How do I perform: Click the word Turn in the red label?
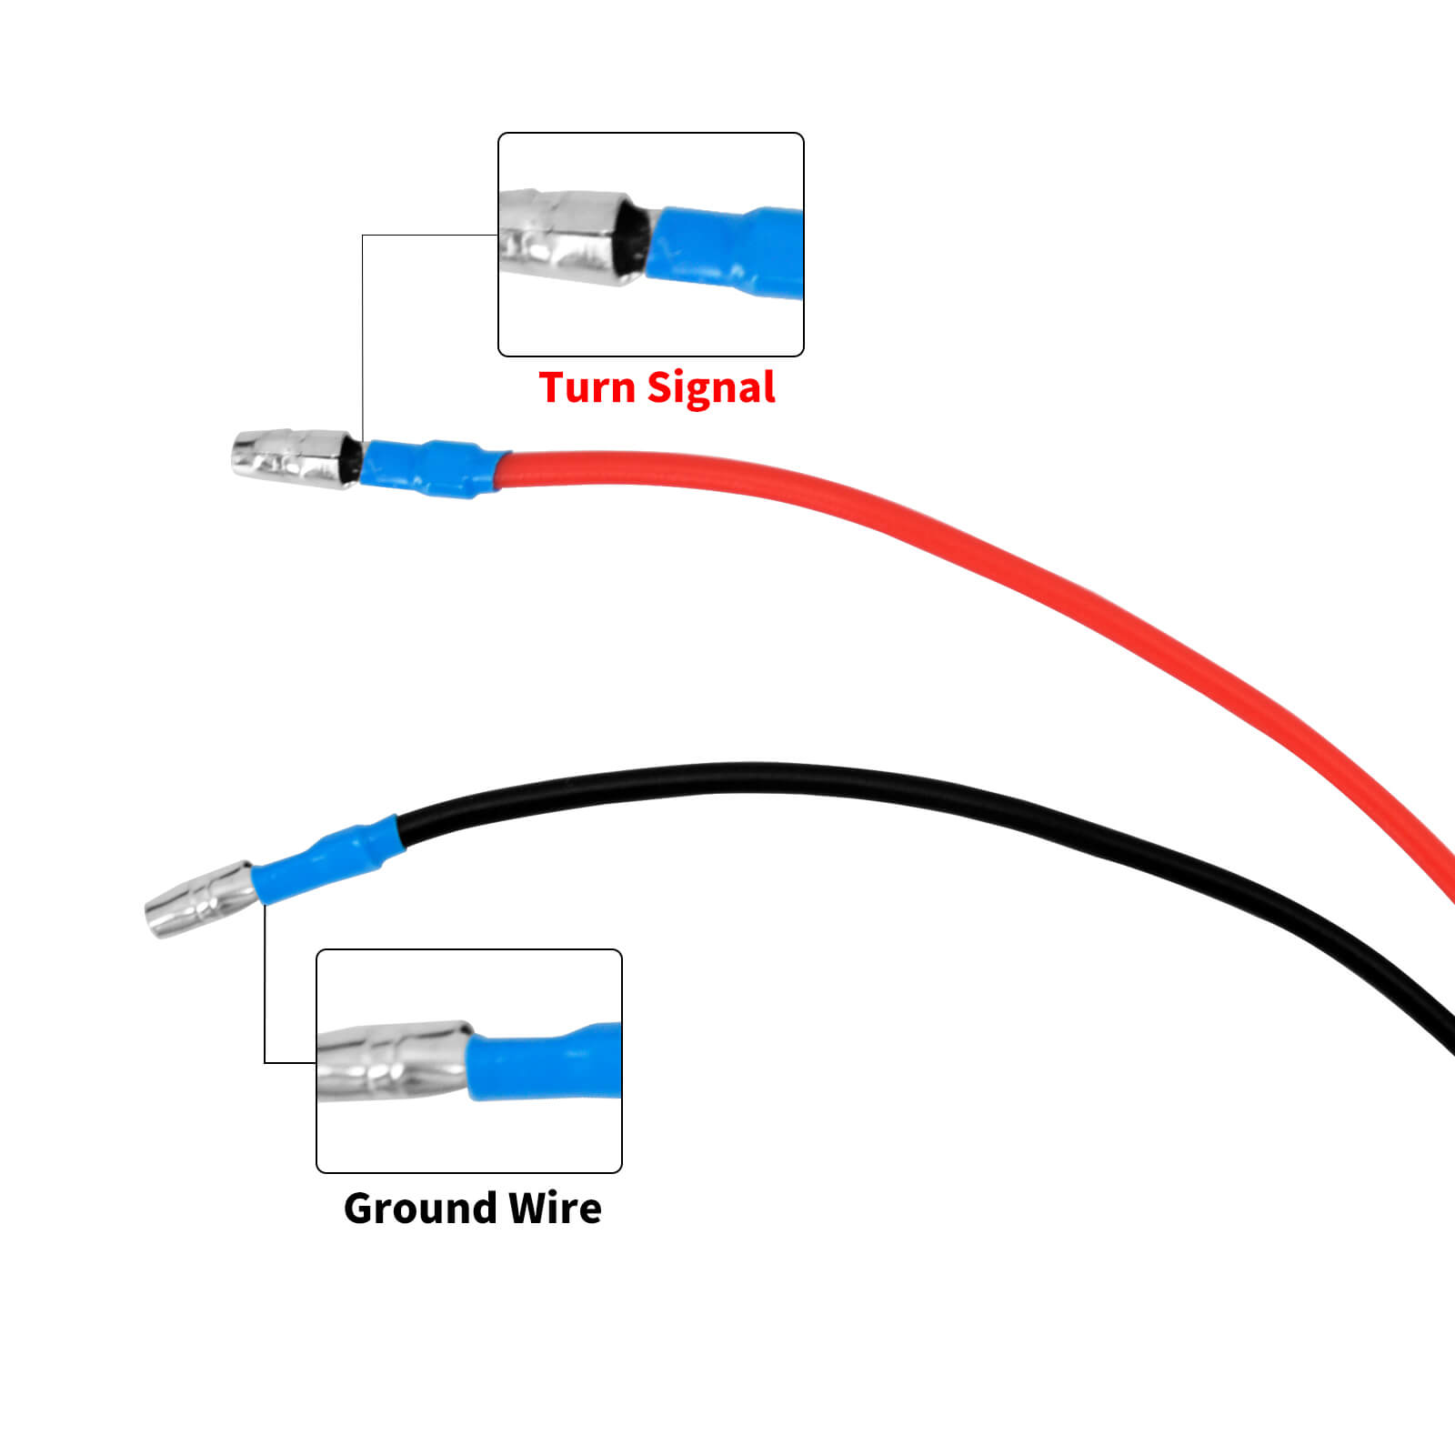pos(587,387)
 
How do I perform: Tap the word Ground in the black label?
pos(419,1209)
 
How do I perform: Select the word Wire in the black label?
pos(555,1209)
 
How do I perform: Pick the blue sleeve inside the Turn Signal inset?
pos(727,250)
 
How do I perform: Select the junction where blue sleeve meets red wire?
pos(501,469)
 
